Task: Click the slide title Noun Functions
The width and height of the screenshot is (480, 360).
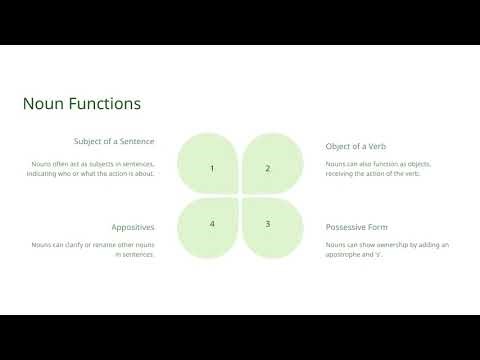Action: (x=81, y=103)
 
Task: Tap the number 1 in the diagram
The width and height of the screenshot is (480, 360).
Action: (x=212, y=168)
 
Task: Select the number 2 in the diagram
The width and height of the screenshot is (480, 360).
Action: (x=267, y=168)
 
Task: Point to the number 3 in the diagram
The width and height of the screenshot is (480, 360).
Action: (x=267, y=224)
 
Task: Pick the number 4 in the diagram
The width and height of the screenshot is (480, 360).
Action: (x=212, y=224)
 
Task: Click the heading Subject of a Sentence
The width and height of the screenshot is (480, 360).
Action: (x=114, y=141)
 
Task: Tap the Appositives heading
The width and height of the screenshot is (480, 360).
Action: (x=133, y=227)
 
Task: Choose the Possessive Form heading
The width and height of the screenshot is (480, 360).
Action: (x=358, y=227)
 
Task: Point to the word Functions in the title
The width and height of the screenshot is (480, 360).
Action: (x=105, y=103)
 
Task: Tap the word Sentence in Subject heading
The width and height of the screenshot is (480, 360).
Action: (x=135, y=141)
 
